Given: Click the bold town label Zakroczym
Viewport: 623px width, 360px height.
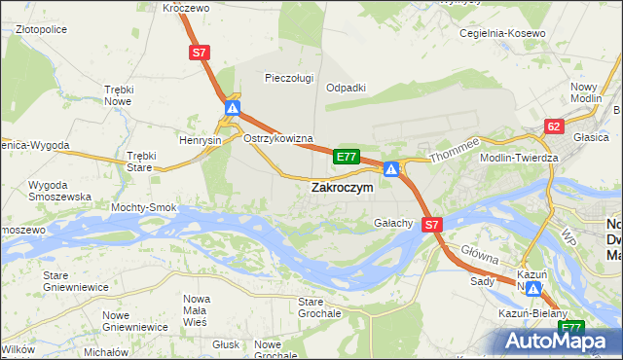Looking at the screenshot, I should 341,189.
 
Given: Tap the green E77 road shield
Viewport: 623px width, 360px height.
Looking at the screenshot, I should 347,156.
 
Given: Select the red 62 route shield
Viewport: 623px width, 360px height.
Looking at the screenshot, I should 554,126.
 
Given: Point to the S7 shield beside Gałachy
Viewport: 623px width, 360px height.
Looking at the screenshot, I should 433,224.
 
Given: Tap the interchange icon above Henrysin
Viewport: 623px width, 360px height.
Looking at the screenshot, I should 233,108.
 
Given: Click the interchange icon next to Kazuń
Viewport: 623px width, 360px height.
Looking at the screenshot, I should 532,289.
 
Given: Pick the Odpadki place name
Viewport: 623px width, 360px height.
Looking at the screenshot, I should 346,88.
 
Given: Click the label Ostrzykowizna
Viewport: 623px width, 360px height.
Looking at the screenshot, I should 277,139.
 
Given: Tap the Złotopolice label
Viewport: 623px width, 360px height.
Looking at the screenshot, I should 43,30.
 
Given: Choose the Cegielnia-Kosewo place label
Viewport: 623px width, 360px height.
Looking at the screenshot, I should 502,33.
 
